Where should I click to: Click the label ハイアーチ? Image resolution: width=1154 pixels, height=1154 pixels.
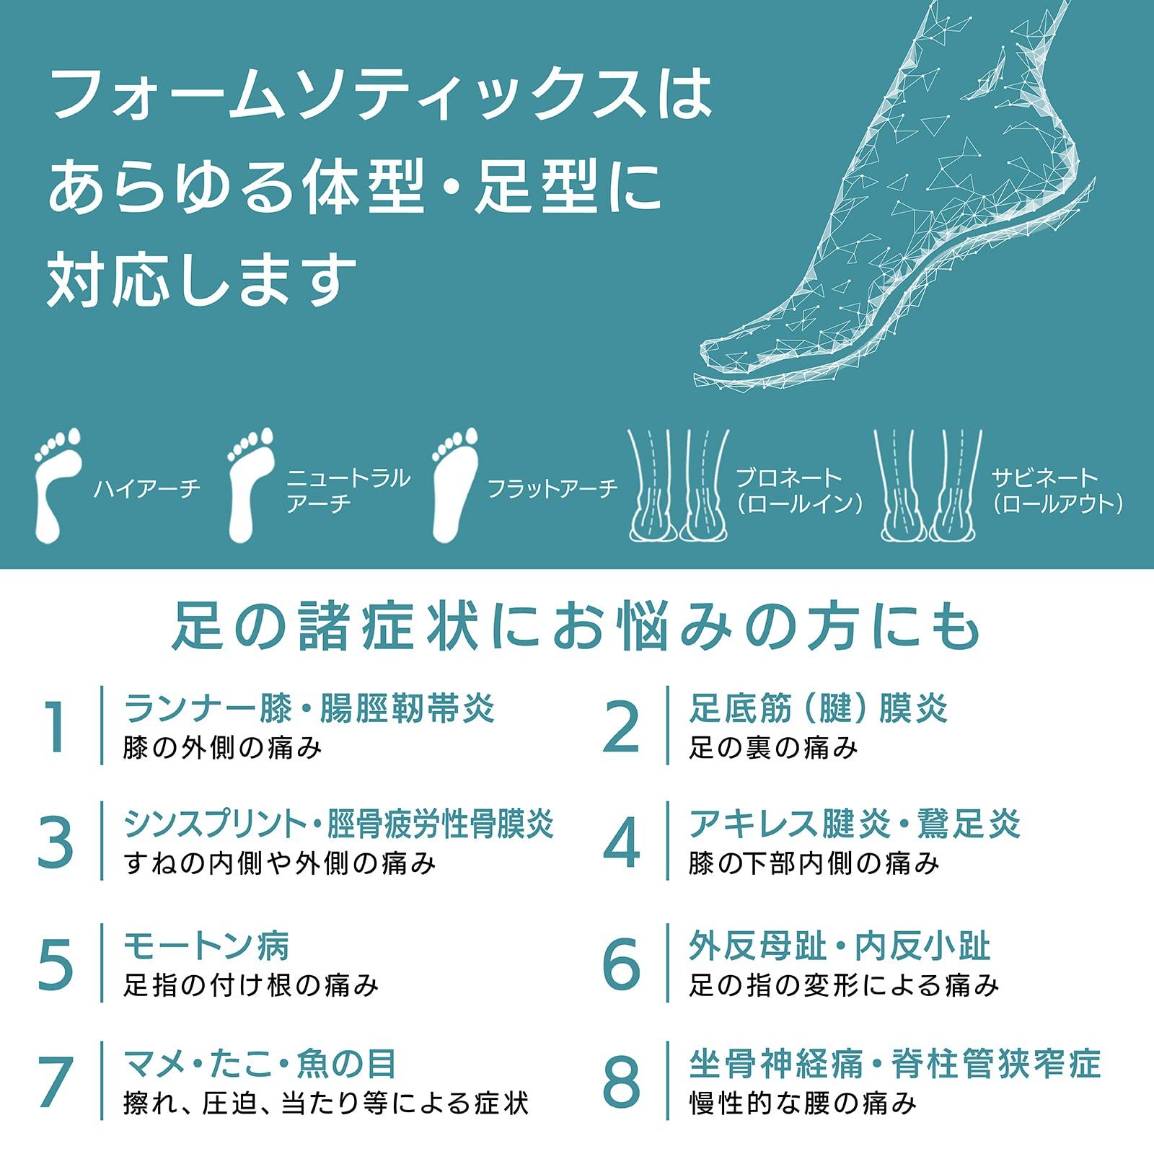pos(146,489)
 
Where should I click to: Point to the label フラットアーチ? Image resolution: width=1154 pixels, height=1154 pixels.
pos(552,489)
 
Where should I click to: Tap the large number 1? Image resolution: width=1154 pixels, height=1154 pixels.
pos(56,727)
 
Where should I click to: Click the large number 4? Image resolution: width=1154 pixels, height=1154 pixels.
pos(621,842)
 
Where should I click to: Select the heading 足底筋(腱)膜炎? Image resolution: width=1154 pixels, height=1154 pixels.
pos(818,708)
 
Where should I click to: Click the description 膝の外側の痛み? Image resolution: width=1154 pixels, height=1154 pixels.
pos(222,748)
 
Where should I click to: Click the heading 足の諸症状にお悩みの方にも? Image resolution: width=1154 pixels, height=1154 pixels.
pos(576,626)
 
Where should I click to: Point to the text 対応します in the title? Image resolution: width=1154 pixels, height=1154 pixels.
pos(202,279)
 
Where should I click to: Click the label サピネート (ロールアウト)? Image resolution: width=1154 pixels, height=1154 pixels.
pos(1057,490)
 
